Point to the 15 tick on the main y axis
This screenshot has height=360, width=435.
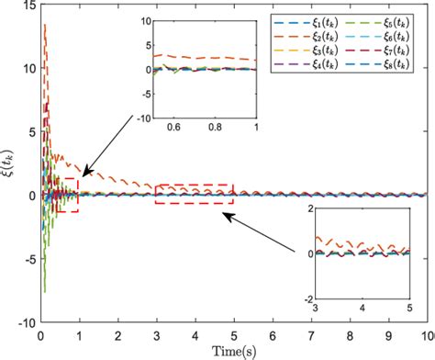tap(29, 6)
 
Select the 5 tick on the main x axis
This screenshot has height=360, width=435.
tap(234, 335)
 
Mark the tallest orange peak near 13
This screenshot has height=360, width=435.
tap(45, 26)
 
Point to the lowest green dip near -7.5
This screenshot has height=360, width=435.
tap(44, 290)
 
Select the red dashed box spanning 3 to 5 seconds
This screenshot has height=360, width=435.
tap(195, 194)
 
